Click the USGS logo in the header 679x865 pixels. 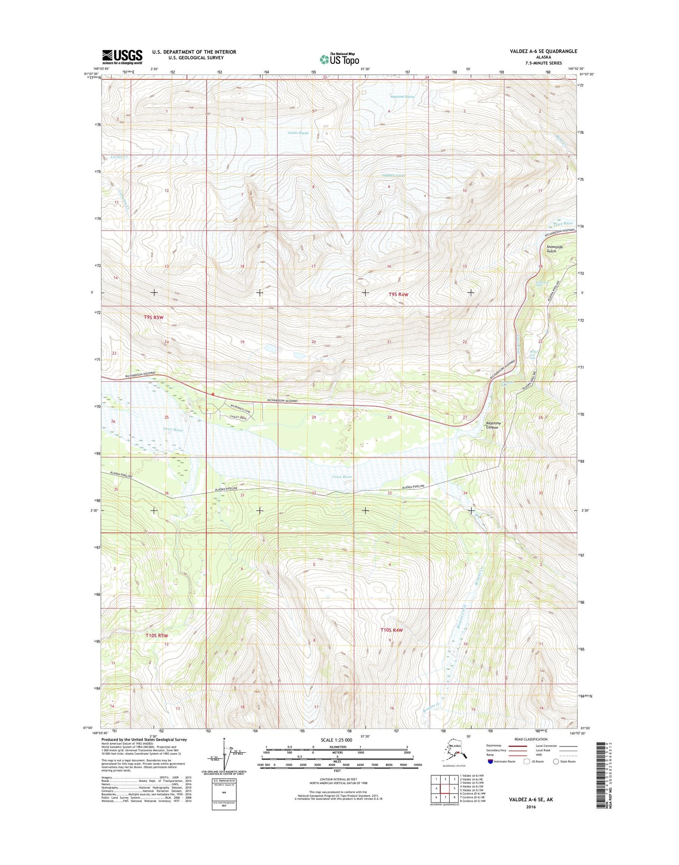tap(122, 57)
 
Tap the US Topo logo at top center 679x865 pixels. tap(340, 59)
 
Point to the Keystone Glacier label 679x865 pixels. tap(403, 97)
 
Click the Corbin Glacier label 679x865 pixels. tap(298, 133)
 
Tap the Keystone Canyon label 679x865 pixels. tap(493, 425)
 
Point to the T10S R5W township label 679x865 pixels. tap(156, 635)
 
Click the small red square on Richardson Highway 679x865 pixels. tap(213, 394)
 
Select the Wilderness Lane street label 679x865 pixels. tap(241, 408)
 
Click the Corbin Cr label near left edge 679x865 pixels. tap(119, 157)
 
